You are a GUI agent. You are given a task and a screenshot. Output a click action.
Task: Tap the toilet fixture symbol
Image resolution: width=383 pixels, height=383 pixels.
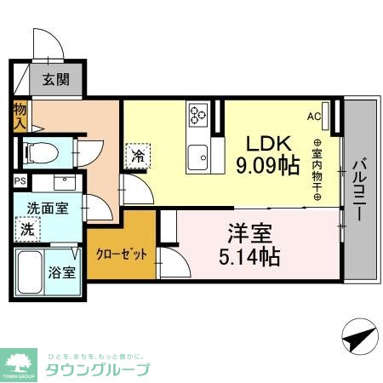[x=38, y=153]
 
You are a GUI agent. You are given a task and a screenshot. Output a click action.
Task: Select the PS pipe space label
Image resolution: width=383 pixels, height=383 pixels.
[x=19, y=181]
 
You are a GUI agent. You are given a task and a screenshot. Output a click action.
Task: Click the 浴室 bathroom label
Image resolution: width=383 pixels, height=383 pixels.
[x=61, y=273]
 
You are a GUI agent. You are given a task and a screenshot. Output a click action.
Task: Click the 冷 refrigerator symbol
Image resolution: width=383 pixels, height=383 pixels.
[x=136, y=156]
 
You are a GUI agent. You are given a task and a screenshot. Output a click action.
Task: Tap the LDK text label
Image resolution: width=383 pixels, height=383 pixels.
[x=270, y=142]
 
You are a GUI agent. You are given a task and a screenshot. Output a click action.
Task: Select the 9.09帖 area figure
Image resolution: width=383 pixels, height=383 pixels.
[x=267, y=164]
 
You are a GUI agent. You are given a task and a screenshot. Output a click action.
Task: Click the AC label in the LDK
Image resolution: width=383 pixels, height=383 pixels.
[x=313, y=116]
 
